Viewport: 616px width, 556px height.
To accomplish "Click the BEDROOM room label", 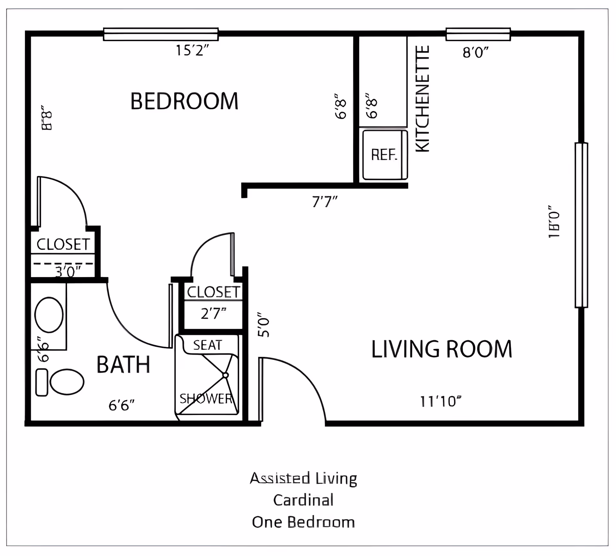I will coord(184,101).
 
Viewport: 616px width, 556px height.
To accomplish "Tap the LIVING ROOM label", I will coord(441,349).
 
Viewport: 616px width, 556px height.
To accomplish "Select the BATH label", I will coord(123,365).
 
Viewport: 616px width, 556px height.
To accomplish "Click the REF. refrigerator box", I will coord(384,155).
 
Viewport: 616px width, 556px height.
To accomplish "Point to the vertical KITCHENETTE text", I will coord(423,99).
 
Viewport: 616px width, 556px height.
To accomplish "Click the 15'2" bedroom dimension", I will coord(192,51).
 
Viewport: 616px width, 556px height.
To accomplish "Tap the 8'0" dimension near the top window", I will coord(475,52).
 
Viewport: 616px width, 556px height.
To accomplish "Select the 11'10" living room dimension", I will coord(441,401).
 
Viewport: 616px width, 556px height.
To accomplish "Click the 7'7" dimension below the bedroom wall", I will coord(325,202).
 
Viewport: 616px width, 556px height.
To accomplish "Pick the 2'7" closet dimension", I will coord(213,314).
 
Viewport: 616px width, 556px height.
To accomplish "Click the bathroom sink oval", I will coord(49,315).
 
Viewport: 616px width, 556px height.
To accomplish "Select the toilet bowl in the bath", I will coord(67,382).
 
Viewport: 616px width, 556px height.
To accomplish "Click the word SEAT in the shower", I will coord(208,345).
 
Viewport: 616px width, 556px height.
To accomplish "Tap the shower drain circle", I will coord(226,375).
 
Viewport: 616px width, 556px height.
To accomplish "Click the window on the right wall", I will coord(581,225).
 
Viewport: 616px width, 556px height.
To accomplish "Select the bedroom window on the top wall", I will coord(161,34).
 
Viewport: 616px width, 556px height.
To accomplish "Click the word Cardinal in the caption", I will coord(304,500).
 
